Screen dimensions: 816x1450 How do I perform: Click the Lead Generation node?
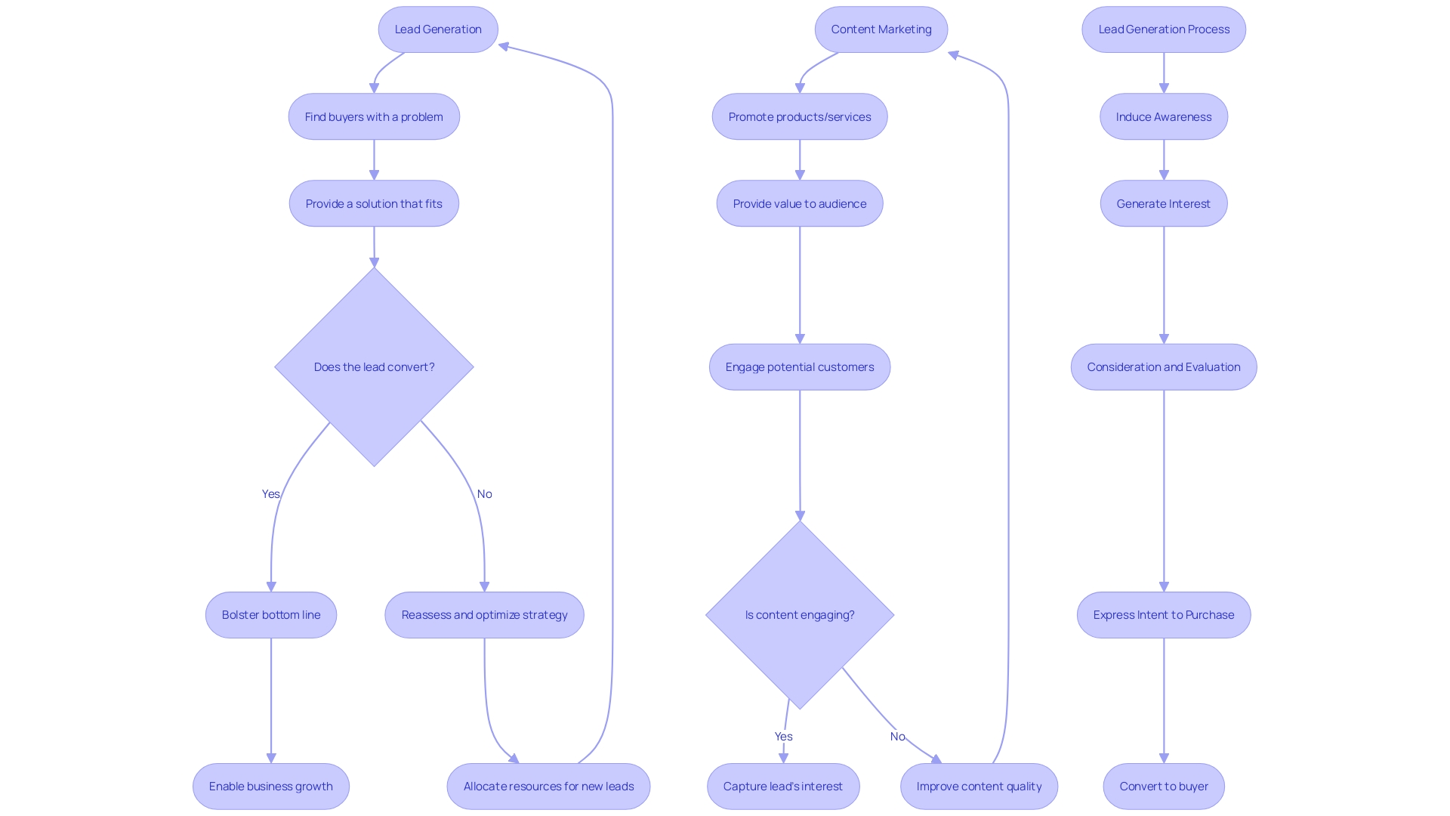click(x=438, y=29)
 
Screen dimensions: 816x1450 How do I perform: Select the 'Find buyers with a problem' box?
click(x=374, y=116)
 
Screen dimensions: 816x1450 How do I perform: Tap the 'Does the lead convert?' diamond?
click(x=374, y=366)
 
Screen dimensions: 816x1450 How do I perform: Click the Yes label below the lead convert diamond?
click(x=270, y=494)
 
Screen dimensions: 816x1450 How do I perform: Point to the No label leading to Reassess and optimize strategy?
click(x=484, y=494)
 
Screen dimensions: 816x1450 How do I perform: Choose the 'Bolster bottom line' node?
click(x=270, y=615)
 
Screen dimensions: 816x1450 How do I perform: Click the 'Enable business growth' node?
click(x=270, y=787)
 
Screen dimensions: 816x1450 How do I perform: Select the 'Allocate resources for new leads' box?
click(x=548, y=787)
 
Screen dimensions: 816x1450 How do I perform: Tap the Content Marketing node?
click(x=881, y=29)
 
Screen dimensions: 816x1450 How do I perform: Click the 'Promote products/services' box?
click(x=799, y=116)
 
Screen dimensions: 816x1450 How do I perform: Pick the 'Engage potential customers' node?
click(x=799, y=367)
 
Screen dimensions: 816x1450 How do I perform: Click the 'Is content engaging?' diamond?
click(x=799, y=615)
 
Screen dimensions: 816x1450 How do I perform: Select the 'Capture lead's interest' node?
click(x=782, y=787)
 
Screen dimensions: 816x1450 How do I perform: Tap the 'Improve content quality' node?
click(x=979, y=787)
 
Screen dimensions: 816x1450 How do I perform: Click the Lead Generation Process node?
click(x=1163, y=29)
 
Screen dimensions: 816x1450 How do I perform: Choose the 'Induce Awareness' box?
click(x=1163, y=116)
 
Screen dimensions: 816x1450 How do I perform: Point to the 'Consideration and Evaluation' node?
click(x=1163, y=367)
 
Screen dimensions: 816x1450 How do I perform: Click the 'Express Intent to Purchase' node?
click(x=1163, y=615)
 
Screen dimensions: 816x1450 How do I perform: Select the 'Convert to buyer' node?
click(x=1163, y=787)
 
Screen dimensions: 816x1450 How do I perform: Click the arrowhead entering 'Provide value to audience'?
click(x=800, y=175)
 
